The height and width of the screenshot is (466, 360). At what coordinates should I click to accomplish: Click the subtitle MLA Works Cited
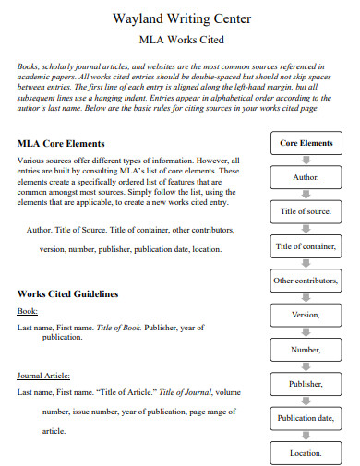tap(180, 40)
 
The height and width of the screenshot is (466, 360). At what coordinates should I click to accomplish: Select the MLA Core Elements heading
tap(61, 144)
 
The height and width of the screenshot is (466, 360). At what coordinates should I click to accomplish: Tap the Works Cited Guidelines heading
tap(68, 293)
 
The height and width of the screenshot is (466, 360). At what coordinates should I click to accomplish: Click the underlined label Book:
tap(28, 312)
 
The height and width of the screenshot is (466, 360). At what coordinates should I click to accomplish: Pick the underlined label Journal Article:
tap(43, 376)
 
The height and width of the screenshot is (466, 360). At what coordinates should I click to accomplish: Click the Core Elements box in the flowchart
tap(306, 143)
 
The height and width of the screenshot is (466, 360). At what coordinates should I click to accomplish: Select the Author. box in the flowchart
tap(306, 177)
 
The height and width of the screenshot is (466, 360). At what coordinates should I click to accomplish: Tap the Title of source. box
tap(306, 211)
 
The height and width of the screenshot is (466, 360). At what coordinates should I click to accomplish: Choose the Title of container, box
tap(306, 246)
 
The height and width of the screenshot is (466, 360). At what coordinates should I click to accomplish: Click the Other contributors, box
tap(306, 281)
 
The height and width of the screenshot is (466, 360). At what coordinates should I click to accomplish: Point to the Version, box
tap(306, 315)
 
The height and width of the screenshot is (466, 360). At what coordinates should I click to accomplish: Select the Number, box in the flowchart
tap(306, 350)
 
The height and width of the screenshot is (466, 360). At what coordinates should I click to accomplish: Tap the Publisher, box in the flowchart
tap(306, 384)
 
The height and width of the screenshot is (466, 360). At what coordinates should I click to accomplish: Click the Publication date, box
tap(306, 418)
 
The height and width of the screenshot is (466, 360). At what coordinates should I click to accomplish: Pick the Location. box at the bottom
tap(306, 453)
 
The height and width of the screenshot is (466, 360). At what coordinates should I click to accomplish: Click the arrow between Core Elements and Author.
tap(306, 160)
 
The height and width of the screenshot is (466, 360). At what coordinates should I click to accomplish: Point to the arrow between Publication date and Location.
tap(306, 436)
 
